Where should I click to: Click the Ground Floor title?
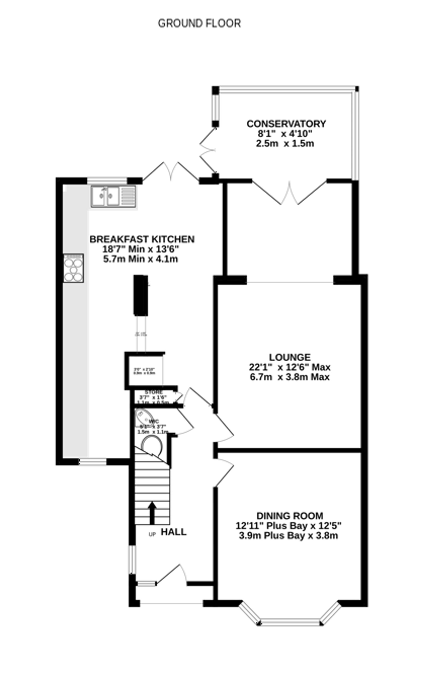click(x=199, y=23)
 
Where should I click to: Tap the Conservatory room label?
click(x=286, y=123)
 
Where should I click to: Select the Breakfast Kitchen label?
click(x=142, y=239)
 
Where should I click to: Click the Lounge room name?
click(x=290, y=357)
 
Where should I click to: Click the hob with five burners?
click(x=74, y=268)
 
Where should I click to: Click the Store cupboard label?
click(x=154, y=392)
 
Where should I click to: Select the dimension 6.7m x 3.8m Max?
click(x=290, y=377)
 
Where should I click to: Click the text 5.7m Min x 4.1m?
click(x=141, y=259)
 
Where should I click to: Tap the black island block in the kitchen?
click(x=140, y=295)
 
